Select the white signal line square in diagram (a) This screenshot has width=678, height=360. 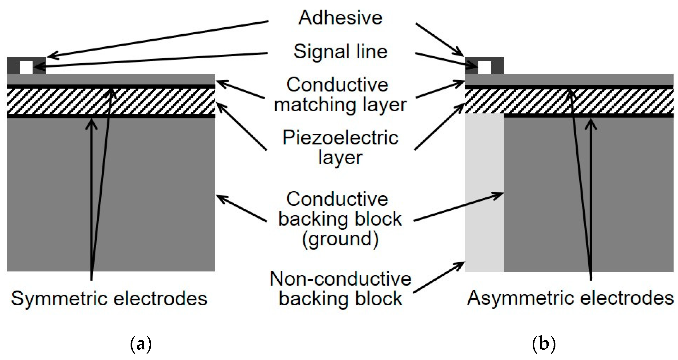pos(26,67)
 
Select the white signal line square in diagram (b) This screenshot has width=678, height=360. pos(484,67)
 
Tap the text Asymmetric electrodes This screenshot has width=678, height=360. pos(570,298)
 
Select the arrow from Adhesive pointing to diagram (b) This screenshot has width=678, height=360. pos(439,40)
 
